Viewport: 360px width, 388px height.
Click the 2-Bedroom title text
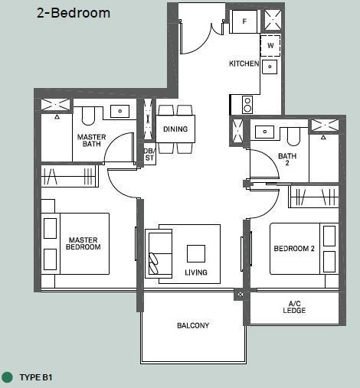74,13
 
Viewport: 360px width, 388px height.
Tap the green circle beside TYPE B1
7,377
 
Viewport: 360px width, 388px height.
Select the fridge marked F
244,21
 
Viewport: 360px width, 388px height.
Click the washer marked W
270,46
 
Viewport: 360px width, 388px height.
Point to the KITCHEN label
244,64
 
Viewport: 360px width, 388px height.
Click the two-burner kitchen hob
247,105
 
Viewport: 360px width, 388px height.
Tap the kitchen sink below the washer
270,67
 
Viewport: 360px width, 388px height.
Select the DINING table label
175,129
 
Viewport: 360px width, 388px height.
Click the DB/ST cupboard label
149,155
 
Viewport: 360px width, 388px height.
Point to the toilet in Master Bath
88,116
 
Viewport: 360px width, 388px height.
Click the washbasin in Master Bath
119,111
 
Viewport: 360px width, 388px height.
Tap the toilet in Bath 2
293,137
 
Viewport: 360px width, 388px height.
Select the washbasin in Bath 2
264,132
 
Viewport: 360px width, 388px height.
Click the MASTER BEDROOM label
83,243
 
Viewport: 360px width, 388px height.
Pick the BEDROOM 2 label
294,249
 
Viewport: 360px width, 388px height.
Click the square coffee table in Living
196,253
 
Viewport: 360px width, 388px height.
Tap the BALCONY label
193,325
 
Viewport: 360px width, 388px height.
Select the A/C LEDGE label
294,307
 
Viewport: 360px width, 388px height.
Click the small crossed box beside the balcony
240,294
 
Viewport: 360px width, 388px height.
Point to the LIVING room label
196,272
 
